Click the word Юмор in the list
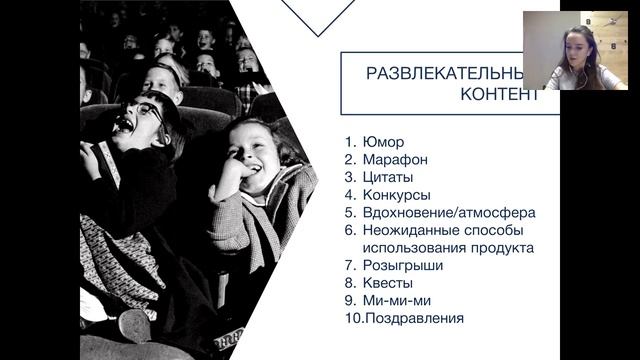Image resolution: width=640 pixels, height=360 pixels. [385, 142]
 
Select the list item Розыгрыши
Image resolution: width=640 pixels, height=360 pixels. [402, 265]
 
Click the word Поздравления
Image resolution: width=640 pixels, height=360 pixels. [414, 319]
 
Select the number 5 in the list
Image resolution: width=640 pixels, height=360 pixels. [349, 212]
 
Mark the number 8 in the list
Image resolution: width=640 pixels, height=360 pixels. [349, 283]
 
